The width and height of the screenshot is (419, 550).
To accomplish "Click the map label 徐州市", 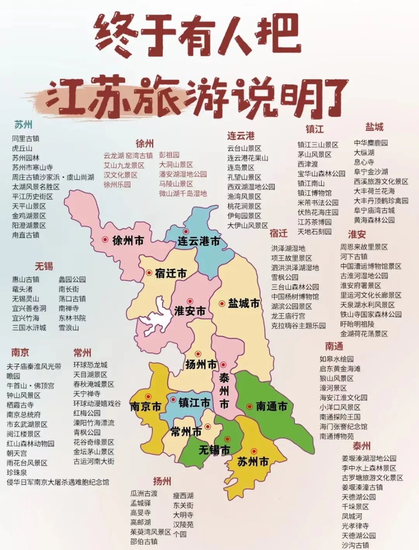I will (128, 241).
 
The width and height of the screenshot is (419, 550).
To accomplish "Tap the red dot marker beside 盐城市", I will (222, 304).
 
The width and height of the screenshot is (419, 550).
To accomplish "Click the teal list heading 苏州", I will (23, 125).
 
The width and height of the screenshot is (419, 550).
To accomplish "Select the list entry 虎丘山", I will (22, 148).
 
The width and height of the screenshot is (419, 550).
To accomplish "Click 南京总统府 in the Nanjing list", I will (24, 415).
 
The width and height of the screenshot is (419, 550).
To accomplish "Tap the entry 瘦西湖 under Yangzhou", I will (183, 496).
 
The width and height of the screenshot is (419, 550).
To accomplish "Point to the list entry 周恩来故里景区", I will (364, 247).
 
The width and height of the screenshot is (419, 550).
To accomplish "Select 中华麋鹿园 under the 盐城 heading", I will (371, 143).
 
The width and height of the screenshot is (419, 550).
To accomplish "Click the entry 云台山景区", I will (244, 148).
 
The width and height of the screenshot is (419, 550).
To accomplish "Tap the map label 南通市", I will (272, 406).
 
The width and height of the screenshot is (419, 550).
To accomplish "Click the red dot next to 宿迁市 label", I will (149, 273).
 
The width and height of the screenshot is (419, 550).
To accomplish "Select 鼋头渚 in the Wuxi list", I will (22, 289).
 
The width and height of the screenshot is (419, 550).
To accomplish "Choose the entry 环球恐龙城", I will (90, 365).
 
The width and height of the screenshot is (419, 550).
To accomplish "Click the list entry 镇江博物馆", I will (314, 193).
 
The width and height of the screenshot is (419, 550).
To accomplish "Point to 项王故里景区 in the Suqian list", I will (291, 258).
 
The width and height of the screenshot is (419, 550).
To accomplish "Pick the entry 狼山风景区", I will (336, 378).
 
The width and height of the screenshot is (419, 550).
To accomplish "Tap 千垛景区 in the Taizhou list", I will (355, 507).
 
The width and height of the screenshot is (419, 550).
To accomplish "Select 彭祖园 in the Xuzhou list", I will (169, 155).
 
